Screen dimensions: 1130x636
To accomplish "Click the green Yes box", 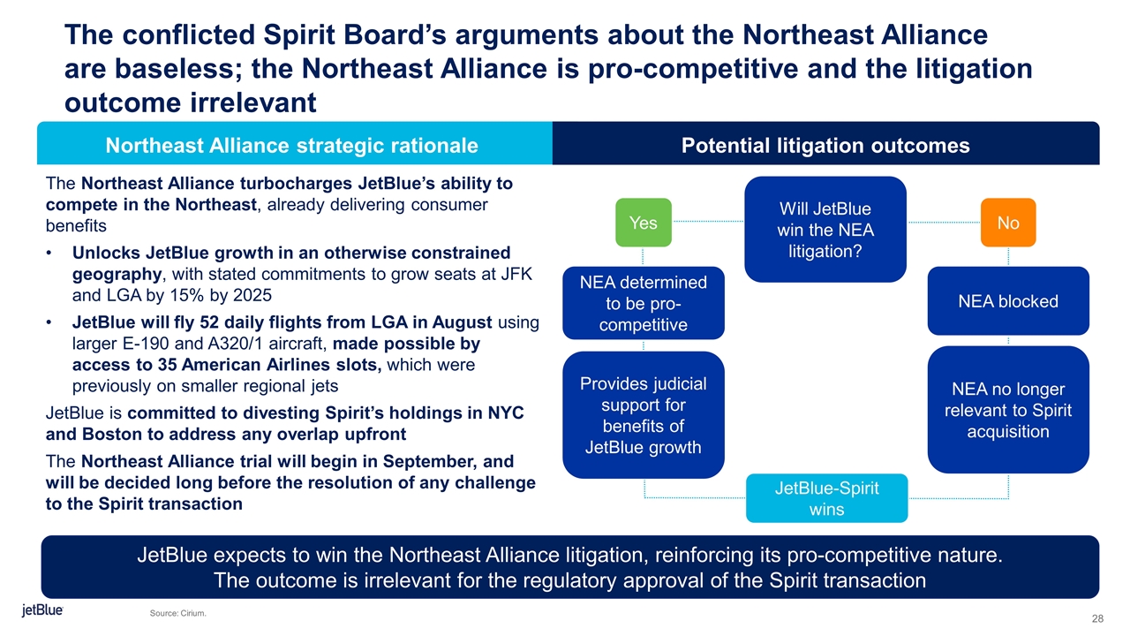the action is tap(644, 223).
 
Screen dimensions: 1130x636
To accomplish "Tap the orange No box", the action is tap(1008, 223).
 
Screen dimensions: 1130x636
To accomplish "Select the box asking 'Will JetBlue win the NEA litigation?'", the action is tap(825, 229).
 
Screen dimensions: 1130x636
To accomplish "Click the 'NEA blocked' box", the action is tap(1008, 301).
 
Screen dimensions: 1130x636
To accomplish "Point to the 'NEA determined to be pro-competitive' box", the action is tap(644, 303).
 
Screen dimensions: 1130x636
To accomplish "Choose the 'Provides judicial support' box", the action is tap(644, 415).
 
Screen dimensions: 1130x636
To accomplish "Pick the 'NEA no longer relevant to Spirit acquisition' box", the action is tap(1008, 410).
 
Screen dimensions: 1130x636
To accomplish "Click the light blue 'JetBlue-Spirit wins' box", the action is tap(827, 498).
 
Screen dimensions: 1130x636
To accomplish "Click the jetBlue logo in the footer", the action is tap(42, 610).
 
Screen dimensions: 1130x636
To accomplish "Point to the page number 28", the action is tap(1097, 618).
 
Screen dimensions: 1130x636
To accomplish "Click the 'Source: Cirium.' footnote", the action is tap(178, 613).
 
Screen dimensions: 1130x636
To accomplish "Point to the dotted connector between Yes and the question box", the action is tap(708, 221).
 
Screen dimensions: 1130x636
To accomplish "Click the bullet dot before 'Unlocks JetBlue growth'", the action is tap(49, 253).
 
